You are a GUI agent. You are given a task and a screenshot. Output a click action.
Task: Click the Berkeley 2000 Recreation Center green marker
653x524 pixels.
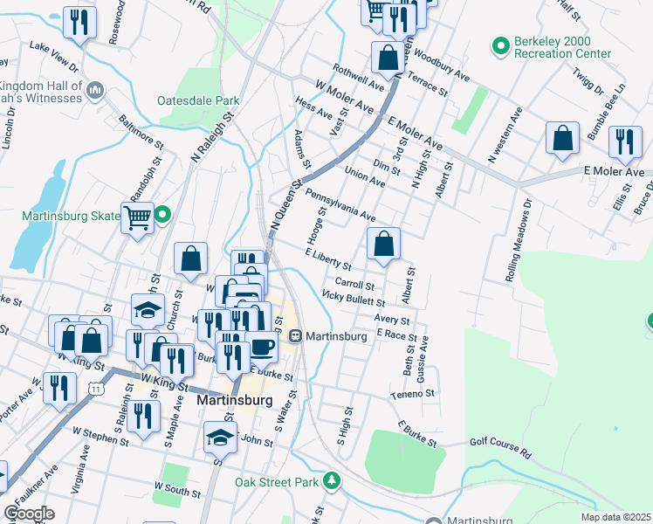(501, 45)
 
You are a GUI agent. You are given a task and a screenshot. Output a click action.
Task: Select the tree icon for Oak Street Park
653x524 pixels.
(331, 480)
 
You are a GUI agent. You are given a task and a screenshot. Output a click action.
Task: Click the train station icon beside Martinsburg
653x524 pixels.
(297, 335)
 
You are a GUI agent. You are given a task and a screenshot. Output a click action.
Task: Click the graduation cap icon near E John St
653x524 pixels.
(220, 437)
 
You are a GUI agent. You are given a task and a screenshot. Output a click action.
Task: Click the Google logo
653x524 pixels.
(29, 514)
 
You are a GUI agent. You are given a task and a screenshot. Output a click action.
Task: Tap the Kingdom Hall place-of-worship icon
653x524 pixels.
(95, 88)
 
